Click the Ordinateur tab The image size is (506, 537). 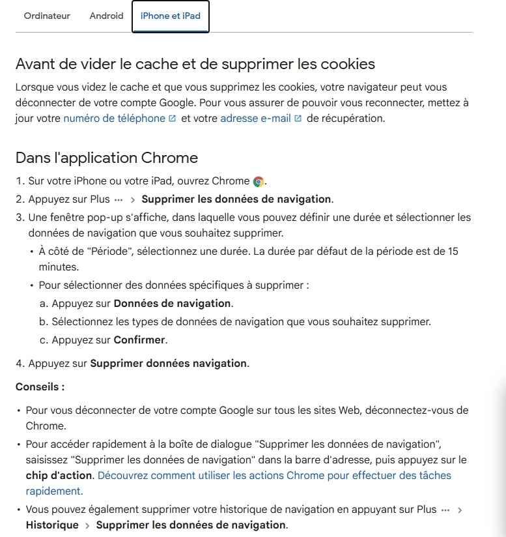[x=47, y=16]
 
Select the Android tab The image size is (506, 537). [x=106, y=16]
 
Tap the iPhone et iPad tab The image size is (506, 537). [x=170, y=16]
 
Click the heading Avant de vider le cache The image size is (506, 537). [x=195, y=64]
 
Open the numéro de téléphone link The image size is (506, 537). [x=114, y=119]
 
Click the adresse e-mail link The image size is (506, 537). [x=255, y=119]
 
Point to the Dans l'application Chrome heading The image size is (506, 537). [x=107, y=158]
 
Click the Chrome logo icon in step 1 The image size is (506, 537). [x=259, y=182]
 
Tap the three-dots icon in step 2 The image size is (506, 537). [x=118, y=199]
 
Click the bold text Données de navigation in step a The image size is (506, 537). [x=172, y=304]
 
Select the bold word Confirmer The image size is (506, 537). [x=140, y=340]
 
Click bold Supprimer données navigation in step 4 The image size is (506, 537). [x=169, y=364]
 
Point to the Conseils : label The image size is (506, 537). [x=40, y=387]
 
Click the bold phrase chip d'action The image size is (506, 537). [x=59, y=476]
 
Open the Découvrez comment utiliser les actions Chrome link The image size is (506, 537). [x=274, y=476]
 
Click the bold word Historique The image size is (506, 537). [x=52, y=525]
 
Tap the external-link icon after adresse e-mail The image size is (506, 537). [x=298, y=119]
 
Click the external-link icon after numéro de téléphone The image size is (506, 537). [x=172, y=119]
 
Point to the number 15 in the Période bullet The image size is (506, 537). [x=453, y=252]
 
